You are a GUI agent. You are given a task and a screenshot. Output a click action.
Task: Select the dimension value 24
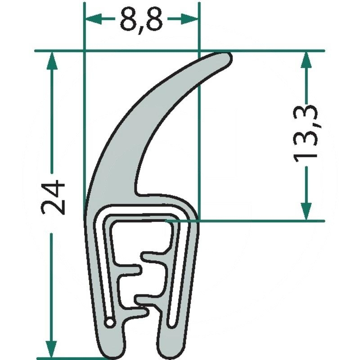(54, 197)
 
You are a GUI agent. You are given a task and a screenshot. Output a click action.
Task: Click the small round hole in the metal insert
(109, 322)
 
